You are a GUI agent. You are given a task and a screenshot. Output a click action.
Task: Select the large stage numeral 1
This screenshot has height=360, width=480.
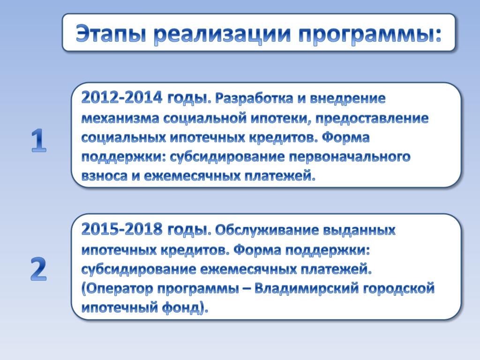point(38,141)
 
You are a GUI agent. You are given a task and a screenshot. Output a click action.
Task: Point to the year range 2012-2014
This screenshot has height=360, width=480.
point(121,98)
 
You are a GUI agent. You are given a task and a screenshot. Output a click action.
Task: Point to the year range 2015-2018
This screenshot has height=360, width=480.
point(121,229)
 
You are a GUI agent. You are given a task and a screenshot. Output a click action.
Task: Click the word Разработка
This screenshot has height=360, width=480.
point(254,98)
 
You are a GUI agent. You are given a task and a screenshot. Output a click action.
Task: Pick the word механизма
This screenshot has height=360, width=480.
point(120,118)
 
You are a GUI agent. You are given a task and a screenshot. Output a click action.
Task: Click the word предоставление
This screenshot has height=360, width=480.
point(372,119)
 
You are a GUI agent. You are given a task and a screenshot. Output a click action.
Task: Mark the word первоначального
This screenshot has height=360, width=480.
point(349,157)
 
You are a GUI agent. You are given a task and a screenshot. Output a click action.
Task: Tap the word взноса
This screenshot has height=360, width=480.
point(105,176)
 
